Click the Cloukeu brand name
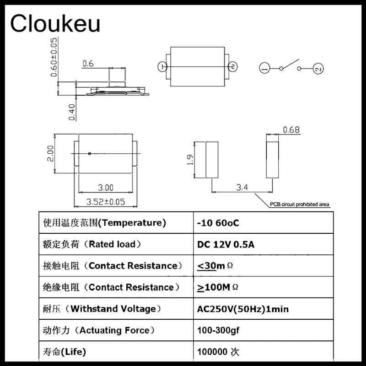pyautogui.click(x=55, y=23)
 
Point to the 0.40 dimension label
pyautogui.click(x=71, y=112)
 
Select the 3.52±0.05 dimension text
pyautogui.click(x=106, y=201)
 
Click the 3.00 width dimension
pyautogui.click(x=106, y=188)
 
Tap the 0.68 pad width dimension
pyautogui.click(x=291, y=130)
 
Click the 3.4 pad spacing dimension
pyautogui.click(x=243, y=187)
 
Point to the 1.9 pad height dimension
pyautogui.click(x=191, y=160)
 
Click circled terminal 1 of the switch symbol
pyautogui.click(x=264, y=69)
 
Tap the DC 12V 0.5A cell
pyautogui.click(x=226, y=245)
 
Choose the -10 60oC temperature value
pyautogui.click(x=218, y=223)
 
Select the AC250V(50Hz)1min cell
pyautogui.click(x=242, y=309)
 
